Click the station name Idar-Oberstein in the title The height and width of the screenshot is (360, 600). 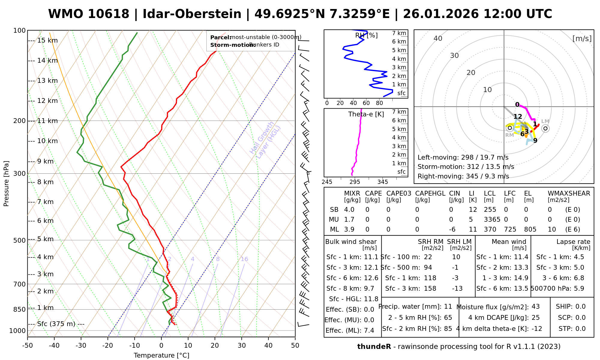click(192, 14)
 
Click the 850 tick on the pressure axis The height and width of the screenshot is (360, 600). click(19, 309)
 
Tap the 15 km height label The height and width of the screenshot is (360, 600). click(47, 40)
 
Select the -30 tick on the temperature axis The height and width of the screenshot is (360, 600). click(81, 346)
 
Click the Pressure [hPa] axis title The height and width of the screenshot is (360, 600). click(6, 184)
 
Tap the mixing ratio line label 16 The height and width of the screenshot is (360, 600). click(244, 259)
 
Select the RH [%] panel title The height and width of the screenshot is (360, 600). click(366, 35)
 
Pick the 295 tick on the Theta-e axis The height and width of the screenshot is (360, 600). click(355, 182)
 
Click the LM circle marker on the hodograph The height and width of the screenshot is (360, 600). click(545, 128)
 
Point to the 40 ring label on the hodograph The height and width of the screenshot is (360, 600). click(438, 38)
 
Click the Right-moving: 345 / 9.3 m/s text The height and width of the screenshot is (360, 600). click(463, 176)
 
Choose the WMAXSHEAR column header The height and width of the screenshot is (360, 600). click(569, 193)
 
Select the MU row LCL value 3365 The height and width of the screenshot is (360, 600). click(492, 220)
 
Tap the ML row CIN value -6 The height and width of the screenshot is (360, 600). click(452, 229)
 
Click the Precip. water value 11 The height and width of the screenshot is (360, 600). click(448, 307)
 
